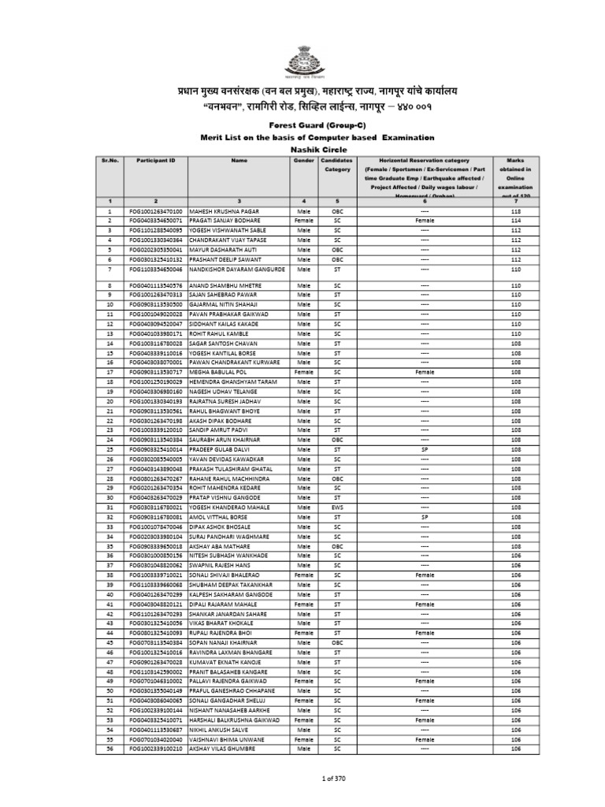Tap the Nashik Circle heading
coord(302,148)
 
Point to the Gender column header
coord(303,159)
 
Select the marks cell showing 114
coord(516,221)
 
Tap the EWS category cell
coord(336,508)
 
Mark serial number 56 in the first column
coord(110,748)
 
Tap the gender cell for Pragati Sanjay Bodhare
coord(303,221)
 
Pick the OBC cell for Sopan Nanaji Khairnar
coord(336,643)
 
